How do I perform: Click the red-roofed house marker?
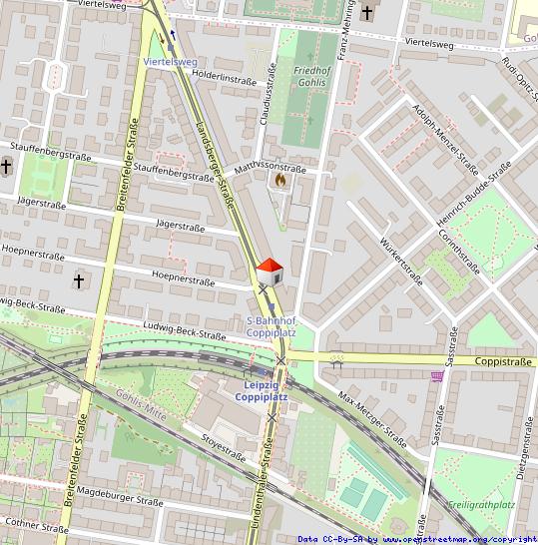pyautogui.click(x=269, y=271)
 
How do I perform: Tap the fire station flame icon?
pyautogui.click(x=279, y=182)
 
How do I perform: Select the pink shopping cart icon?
pyautogui.click(x=437, y=376)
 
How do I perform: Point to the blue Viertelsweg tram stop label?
pyautogui.click(x=171, y=61)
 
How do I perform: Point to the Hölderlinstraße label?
pyautogui.click(x=225, y=76)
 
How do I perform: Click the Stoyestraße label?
pyautogui.click(x=224, y=446)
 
